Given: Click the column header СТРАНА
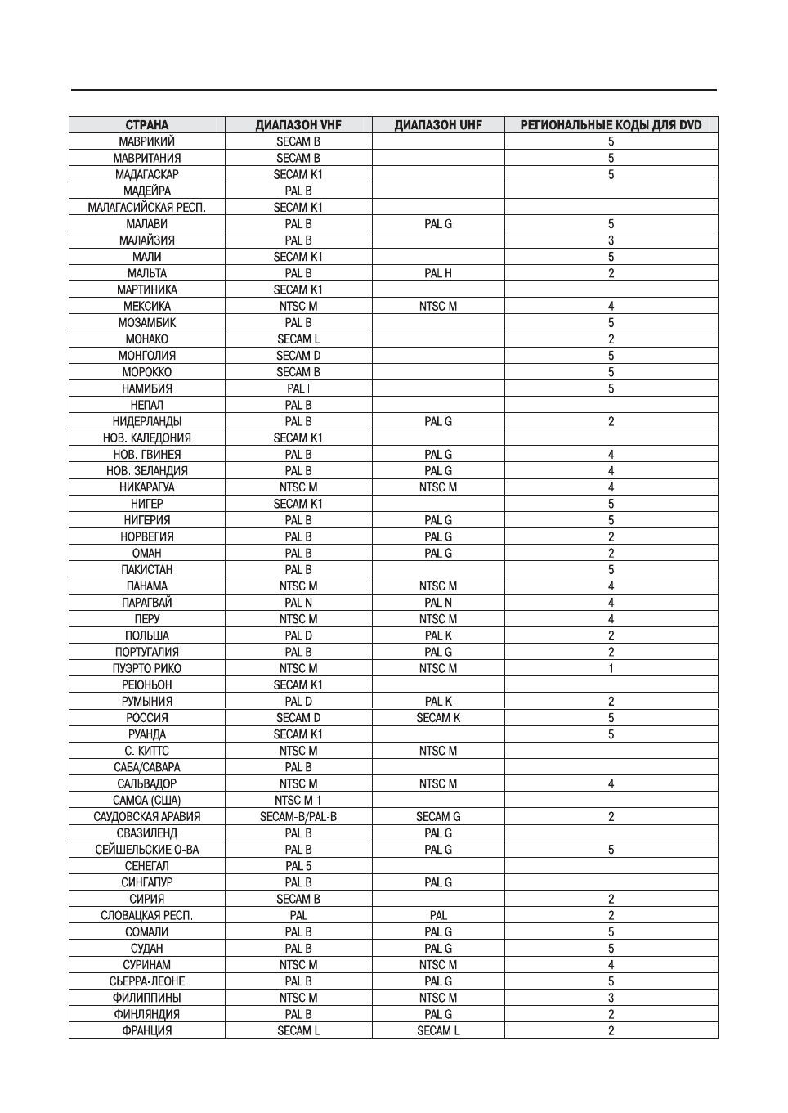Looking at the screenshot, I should pos(147,125).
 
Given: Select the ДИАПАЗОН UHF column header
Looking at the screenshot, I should pos(438,125).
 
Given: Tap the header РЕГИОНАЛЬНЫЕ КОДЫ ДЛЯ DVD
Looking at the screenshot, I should pos(611,125).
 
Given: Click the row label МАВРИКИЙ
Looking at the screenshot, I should pos(147,141).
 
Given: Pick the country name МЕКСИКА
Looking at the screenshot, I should pos(147,306).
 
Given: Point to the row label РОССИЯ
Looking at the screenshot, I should pos(147,718).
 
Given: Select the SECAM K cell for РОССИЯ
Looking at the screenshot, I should pos(438,718).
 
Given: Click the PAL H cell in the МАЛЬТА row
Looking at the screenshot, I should pos(438,273).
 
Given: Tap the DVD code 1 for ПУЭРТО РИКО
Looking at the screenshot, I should pos(611,668).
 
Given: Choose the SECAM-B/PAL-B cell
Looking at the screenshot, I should pos(298,816).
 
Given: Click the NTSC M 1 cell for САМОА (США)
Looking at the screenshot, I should pos(298,800).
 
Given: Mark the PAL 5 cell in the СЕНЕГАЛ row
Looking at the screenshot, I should pos(298,866).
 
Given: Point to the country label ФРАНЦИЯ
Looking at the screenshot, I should pos(147,1030).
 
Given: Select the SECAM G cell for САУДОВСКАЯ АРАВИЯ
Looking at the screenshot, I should pos(438,816).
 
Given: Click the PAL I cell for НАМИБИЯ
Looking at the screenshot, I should pos(298,388).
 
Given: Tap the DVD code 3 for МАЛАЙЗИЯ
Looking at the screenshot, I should pos(611,240).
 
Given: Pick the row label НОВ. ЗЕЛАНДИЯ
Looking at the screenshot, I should pos(147,471).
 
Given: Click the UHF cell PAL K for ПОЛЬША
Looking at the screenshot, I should pos(438,635).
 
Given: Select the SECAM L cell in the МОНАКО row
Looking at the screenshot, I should pos(298,339).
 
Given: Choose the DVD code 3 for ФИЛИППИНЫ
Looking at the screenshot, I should pos(611,998).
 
